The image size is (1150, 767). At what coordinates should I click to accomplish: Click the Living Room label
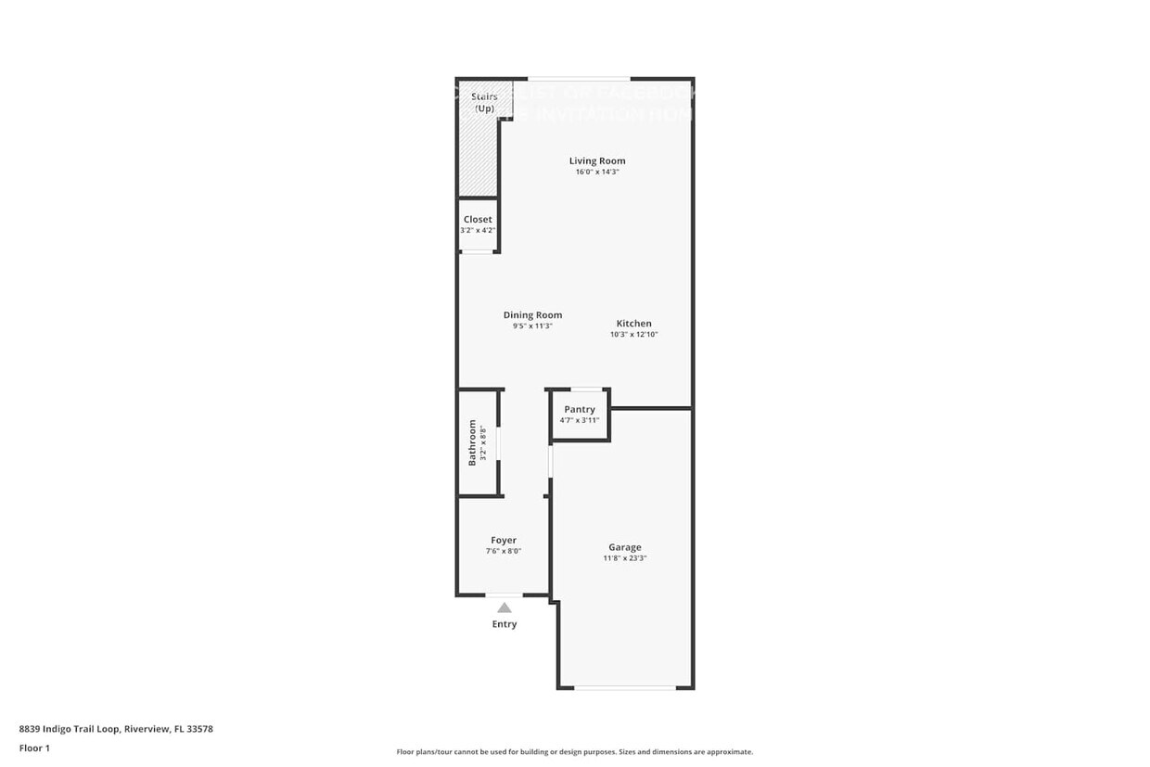click(597, 161)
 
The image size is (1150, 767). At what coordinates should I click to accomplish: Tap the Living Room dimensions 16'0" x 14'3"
click(597, 172)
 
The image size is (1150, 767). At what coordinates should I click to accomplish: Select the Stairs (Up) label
click(484, 102)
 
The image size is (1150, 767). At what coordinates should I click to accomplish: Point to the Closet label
click(478, 220)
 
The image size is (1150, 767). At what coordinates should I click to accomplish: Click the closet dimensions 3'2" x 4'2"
click(478, 230)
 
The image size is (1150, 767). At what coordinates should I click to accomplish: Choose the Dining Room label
click(532, 315)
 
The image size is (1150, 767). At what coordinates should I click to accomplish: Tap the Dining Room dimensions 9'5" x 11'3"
click(532, 326)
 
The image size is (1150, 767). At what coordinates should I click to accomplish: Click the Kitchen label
click(634, 324)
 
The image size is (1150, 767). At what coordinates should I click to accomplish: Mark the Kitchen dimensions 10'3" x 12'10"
click(634, 335)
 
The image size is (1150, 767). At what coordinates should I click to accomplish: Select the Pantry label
click(580, 410)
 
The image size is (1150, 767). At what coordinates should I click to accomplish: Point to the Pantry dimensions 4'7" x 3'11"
click(580, 420)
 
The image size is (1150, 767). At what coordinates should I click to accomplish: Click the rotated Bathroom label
click(472, 442)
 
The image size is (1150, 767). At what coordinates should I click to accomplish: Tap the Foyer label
click(504, 541)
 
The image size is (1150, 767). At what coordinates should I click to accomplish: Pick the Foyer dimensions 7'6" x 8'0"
click(504, 551)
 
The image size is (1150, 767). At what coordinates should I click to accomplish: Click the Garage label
click(625, 548)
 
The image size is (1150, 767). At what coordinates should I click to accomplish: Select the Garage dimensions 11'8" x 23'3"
click(625, 558)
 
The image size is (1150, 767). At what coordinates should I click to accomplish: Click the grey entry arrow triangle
click(504, 608)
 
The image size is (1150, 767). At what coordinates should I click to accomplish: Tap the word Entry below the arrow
click(504, 624)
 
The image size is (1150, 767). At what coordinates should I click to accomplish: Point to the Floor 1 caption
click(34, 748)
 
